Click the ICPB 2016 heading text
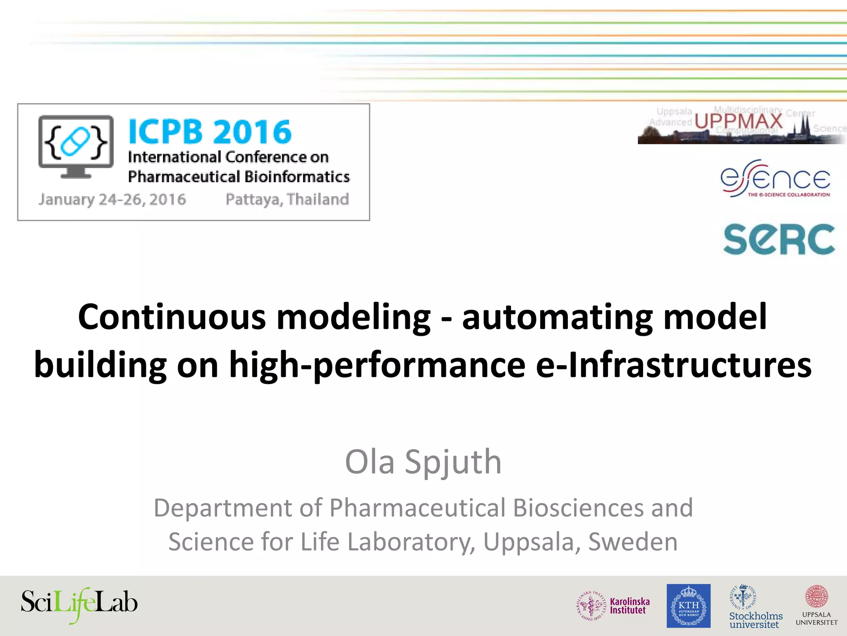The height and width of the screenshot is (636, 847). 210,132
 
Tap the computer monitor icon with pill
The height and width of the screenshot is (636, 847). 76,146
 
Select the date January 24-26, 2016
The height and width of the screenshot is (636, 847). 112,200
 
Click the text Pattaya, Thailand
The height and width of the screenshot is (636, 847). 287,200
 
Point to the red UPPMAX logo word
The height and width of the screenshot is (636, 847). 739,121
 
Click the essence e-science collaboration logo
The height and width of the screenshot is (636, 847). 775,179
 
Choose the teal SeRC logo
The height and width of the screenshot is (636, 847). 779,239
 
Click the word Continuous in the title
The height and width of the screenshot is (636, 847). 172,317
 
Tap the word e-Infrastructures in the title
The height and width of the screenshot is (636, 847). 673,365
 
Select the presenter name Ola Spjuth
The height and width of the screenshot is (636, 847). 423,462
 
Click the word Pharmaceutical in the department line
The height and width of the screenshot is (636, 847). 417,508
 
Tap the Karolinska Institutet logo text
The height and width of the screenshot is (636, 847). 629,606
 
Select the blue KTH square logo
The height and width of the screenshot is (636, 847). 688,606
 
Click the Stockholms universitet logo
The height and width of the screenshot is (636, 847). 755,607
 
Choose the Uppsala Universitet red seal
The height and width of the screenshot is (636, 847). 816,597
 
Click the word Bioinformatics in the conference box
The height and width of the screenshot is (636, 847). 296,177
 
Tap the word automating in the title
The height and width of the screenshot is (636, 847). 557,317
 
